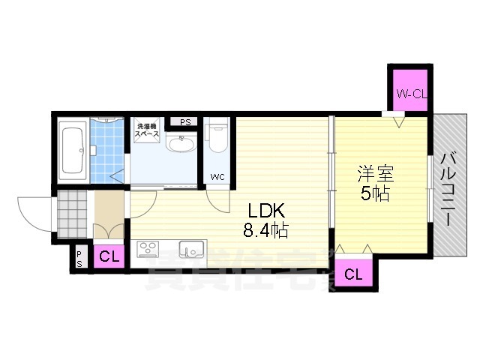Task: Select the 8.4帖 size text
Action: pos(265,231)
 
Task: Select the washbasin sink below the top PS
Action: pos(181,143)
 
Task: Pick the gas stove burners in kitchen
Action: pos(147,248)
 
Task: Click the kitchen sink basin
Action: pos(191,248)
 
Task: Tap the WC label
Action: pos(217,177)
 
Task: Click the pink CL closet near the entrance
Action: pos(109,256)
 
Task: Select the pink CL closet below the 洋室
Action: pos(353,274)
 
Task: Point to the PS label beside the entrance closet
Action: pos(79,258)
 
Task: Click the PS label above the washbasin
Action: pos(185,121)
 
